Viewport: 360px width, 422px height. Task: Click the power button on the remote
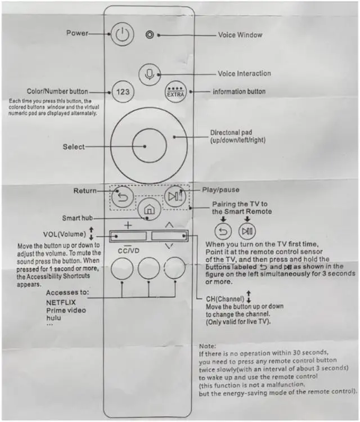pos(121,35)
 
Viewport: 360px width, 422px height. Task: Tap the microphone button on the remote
pos(149,74)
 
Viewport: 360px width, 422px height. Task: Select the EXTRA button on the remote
pos(173,92)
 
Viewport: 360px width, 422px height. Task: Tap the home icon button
pos(148,210)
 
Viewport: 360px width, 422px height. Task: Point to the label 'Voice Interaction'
pos(244,74)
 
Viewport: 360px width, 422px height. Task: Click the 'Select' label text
pos(74,147)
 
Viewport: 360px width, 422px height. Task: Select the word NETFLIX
pos(60,302)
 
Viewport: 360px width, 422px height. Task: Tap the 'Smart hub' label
pos(77,218)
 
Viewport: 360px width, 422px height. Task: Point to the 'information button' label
pos(238,92)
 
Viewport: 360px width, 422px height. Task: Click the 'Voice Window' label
pos(240,35)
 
